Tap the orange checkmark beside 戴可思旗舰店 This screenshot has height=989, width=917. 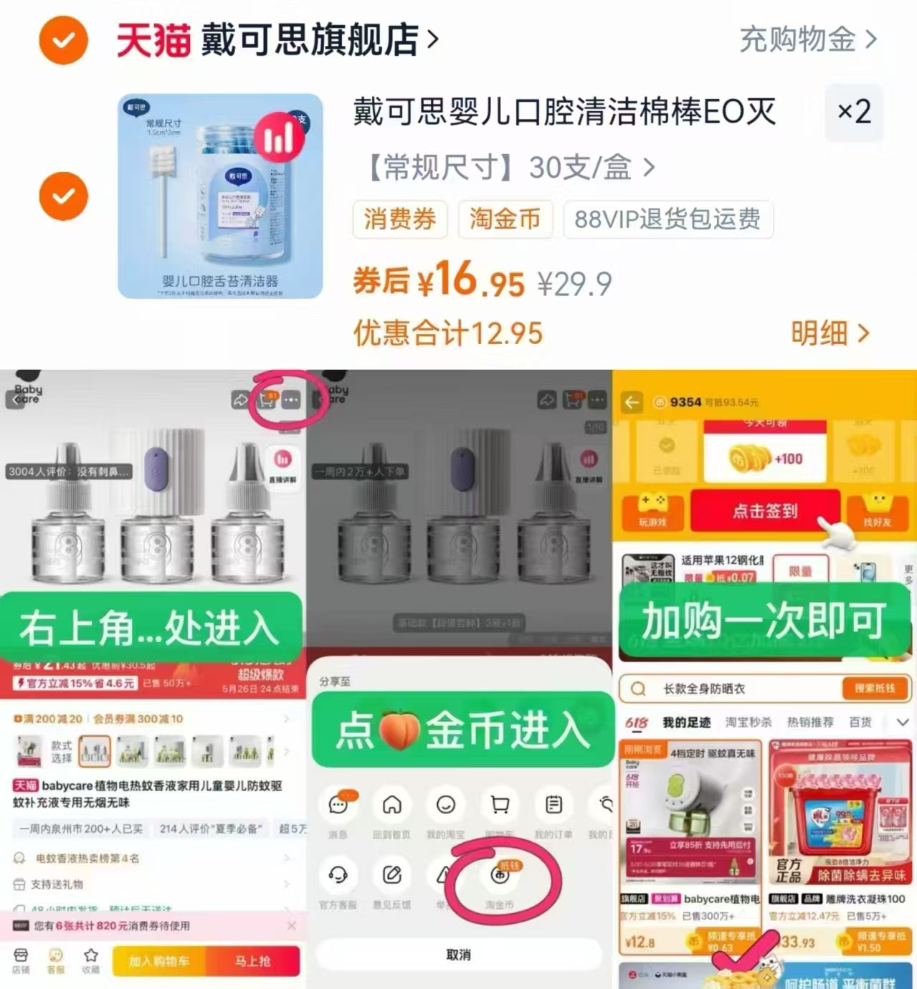pos(63,39)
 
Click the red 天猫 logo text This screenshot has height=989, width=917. pos(153,40)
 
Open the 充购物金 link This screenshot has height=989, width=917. pos(807,39)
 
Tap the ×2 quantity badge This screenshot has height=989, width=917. pos(854,112)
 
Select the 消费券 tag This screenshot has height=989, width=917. pos(399,219)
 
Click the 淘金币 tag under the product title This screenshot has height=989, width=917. pos(505,219)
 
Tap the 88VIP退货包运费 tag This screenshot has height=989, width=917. pos(667,219)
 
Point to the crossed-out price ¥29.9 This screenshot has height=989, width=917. pos(574,285)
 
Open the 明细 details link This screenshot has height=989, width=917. pos(830,333)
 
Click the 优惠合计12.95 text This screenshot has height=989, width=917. pos(448,333)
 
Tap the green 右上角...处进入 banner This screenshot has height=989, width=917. pos(149,628)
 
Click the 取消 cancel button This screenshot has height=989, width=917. pos(458,955)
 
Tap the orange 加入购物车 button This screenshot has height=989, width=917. pos(159,961)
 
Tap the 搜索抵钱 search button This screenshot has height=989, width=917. pos(874,689)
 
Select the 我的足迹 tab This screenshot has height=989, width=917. pos(686,722)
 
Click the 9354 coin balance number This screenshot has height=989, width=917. pos(685,403)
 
